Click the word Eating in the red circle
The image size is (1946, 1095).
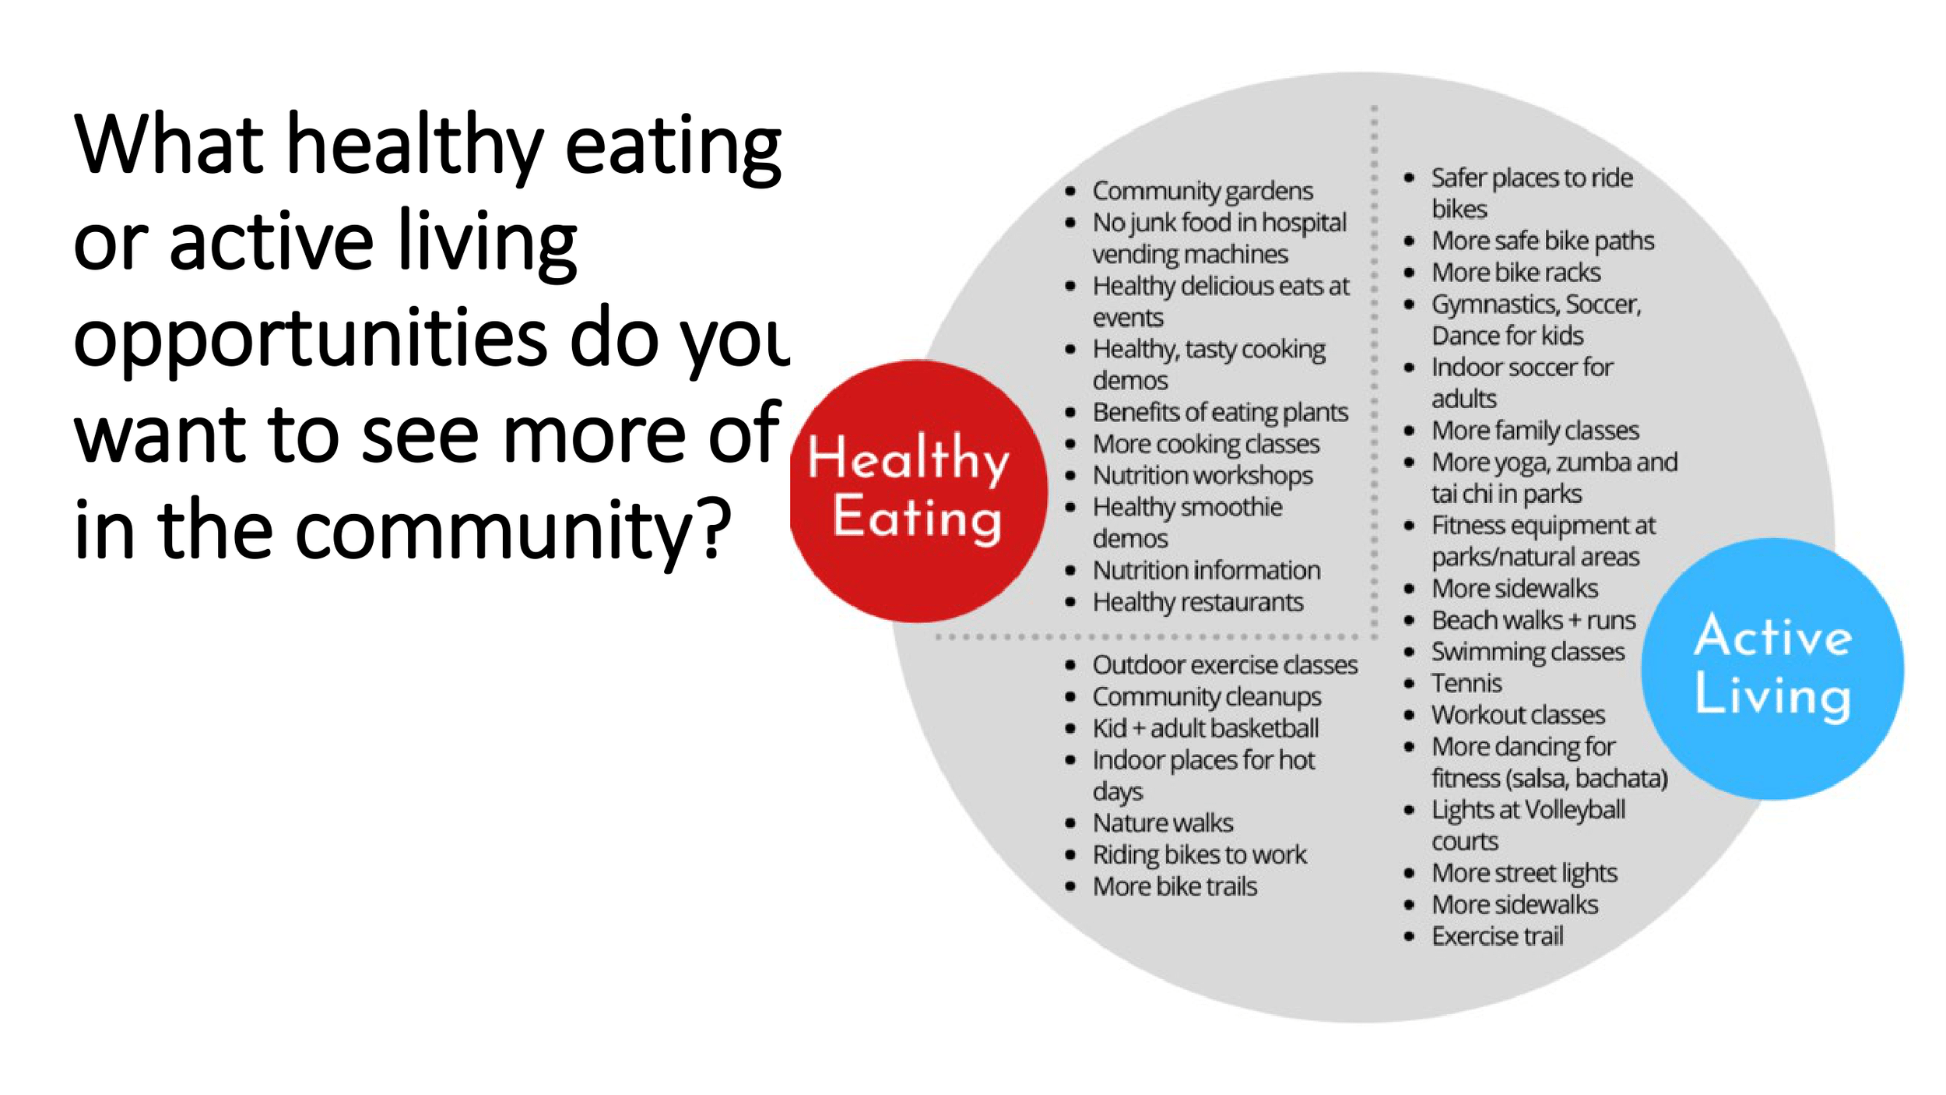tap(916, 517)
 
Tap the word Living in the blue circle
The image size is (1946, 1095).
tap(1772, 695)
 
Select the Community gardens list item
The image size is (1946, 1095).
tap(1202, 191)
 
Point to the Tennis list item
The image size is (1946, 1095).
tap(1466, 683)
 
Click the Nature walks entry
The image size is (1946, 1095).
tap(1162, 823)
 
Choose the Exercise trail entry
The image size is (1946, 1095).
tap(1497, 936)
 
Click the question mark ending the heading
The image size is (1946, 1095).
tap(715, 529)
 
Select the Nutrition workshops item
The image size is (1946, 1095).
tap(1202, 475)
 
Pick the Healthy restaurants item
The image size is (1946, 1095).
tap(1197, 602)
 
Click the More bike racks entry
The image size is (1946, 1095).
tap(1516, 273)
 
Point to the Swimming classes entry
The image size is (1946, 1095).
tap(1527, 652)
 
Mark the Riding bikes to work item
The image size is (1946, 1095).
tap(1199, 855)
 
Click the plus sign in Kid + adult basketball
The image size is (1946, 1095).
tap(1139, 729)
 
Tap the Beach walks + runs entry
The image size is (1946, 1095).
tap(1533, 620)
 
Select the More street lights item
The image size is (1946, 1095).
tap(1523, 873)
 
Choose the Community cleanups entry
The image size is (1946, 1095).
tap(1207, 697)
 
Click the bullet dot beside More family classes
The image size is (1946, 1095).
tap(1409, 431)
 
